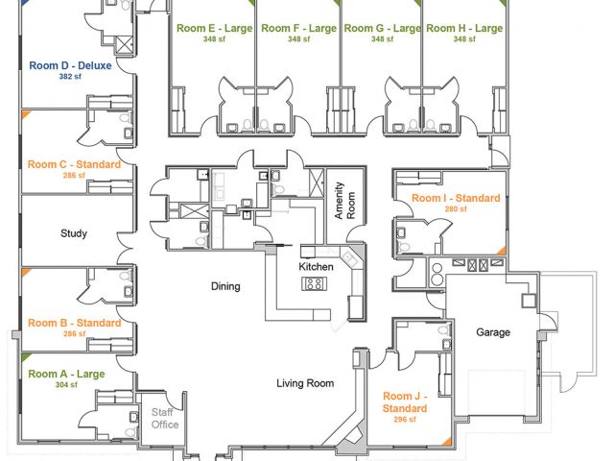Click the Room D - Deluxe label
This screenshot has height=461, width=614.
click(70, 65)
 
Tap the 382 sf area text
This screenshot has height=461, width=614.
click(69, 76)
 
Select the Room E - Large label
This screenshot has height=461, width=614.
click(214, 29)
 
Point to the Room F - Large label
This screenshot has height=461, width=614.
click(298, 29)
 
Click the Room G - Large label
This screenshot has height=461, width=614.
click(382, 29)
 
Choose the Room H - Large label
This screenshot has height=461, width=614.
click(464, 29)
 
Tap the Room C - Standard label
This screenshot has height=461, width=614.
click(74, 165)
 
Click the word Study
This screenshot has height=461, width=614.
click(74, 233)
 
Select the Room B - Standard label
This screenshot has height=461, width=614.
click(74, 323)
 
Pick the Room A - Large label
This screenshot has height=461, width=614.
click(67, 375)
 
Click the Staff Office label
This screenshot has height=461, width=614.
click(165, 419)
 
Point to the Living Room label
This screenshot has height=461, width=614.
click(305, 383)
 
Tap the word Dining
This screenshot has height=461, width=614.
click(225, 286)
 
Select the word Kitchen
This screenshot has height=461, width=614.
click(316, 266)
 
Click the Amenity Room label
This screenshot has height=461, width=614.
click(343, 203)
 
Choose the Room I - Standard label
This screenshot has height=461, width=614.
click(456, 198)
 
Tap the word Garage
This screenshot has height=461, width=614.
click(493, 332)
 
